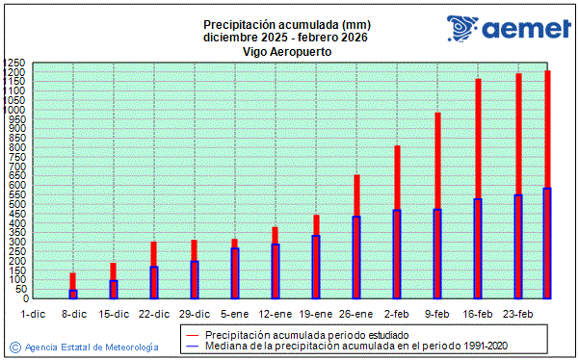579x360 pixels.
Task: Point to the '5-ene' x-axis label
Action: (x=235, y=314)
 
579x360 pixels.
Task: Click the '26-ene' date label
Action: (x=356, y=314)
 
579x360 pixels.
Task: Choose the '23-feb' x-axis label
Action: (x=518, y=314)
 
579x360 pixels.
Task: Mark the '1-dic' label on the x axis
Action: (x=33, y=314)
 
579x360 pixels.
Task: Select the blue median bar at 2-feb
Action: (x=397, y=253)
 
